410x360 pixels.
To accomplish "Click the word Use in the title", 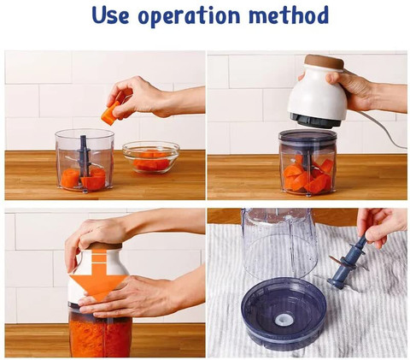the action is [x=110, y=15].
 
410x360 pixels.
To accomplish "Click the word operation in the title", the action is [x=189, y=16].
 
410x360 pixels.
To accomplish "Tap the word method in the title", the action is [x=289, y=15].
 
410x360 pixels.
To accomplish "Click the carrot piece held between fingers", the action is [x=111, y=113].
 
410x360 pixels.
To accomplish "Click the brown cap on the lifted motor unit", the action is [x=324, y=62].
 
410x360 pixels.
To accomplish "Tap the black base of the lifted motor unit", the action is [x=315, y=120].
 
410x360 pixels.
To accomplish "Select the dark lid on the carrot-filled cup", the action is [x=307, y=137].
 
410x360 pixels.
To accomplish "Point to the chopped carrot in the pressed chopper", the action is [x=100, y=338].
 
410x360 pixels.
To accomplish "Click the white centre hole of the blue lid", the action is [x=284, y=321].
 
